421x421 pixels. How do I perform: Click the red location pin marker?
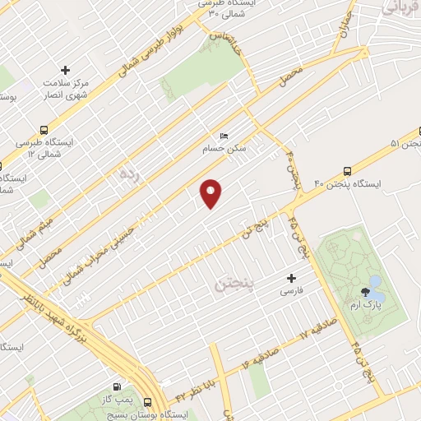coord(212,192)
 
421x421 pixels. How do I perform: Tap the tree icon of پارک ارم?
coord(363,294)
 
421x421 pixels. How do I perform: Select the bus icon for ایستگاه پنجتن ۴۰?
coord(348,173)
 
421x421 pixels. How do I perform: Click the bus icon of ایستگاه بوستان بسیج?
coord(147,404)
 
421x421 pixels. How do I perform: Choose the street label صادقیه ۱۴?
coord(258,359)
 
